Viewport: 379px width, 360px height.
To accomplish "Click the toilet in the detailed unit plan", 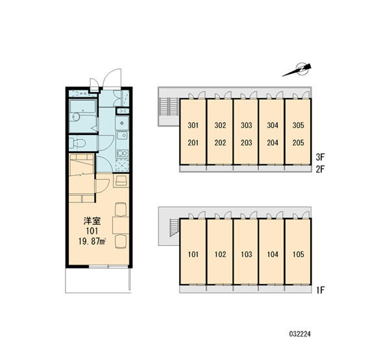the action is pos(78,143).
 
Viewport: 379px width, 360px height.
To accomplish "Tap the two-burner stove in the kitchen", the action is pos(122,153).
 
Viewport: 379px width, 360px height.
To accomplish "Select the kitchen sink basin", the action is pos(122,136).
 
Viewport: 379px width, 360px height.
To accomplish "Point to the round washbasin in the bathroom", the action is pos(76,117).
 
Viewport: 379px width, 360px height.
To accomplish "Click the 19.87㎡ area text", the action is pos(93,241).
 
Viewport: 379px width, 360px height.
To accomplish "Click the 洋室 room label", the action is pos(92,221).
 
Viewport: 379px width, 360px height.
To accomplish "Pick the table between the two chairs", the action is pos(121,225).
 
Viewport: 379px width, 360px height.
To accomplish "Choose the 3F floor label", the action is pos(320,157).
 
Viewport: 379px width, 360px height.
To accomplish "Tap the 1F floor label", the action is pos(320,290).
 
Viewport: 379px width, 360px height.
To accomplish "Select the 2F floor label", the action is pos(320,169).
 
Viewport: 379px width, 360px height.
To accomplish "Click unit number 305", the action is pos(298,125).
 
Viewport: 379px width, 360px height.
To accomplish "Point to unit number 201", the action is pos(193,143).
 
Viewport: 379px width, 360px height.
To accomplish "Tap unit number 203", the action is pos(247,143).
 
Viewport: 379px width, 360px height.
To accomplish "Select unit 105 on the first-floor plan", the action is pos(299,254).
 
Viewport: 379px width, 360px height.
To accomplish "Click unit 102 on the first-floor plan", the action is pos(220,254).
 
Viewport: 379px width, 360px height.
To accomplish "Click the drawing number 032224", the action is pos(300,334).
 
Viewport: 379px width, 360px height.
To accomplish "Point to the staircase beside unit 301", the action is pos(169,107).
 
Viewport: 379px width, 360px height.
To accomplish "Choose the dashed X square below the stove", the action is pos(122,165).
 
